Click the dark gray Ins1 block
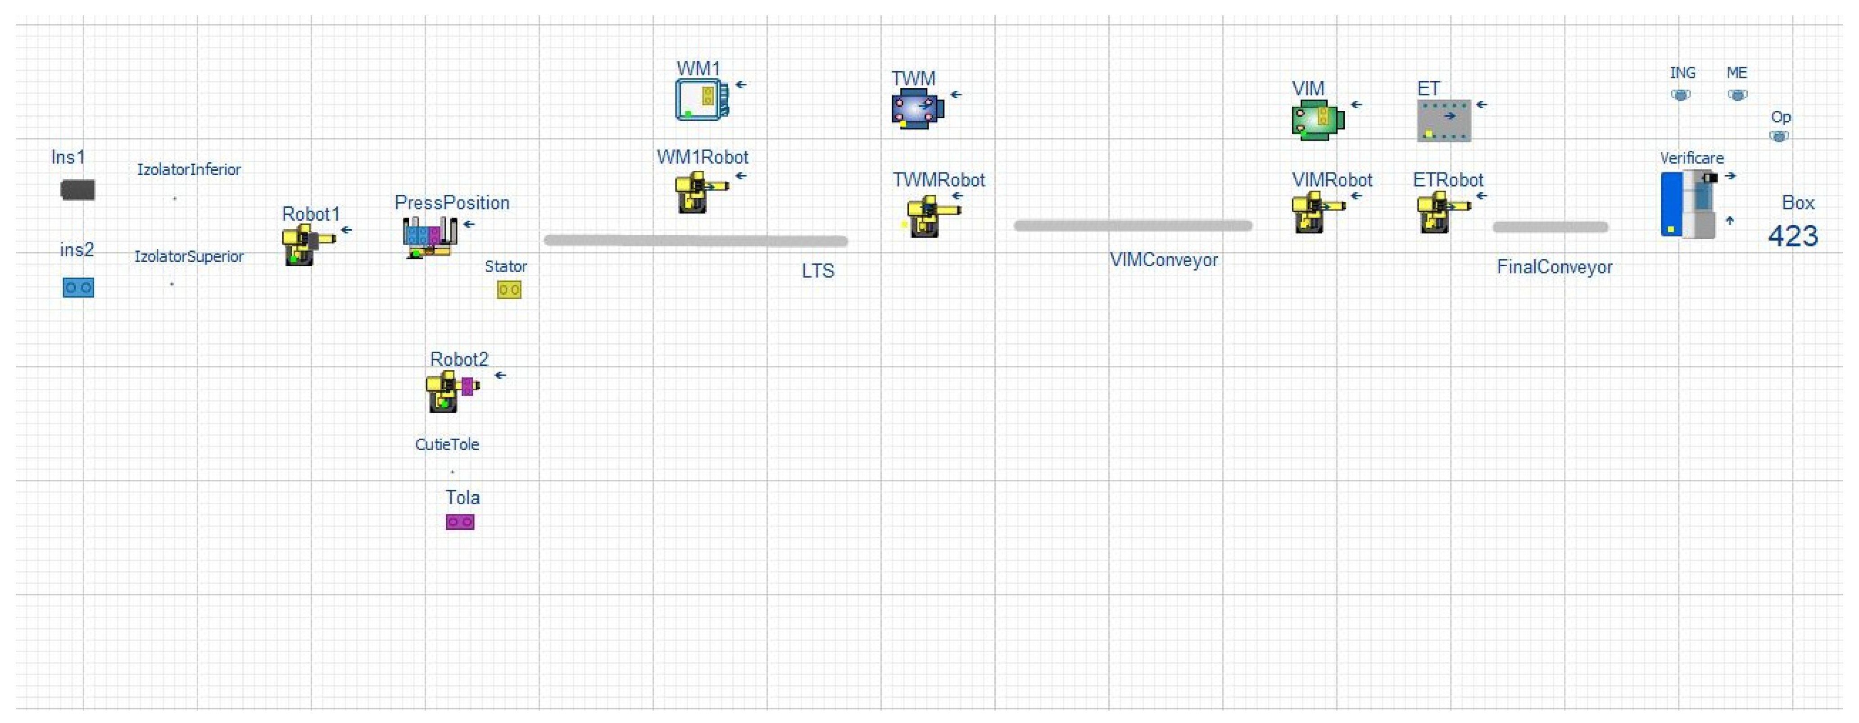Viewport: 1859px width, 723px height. (x=77, y=190)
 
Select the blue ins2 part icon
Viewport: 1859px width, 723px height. (x=78, y=288)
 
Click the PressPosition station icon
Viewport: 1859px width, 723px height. (x=429, y=236)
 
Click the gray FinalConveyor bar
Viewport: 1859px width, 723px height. (x=1550, y=227)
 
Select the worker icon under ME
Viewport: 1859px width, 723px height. (x=1737, y=95)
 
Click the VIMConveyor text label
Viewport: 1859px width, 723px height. (x=1163, y=260)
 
